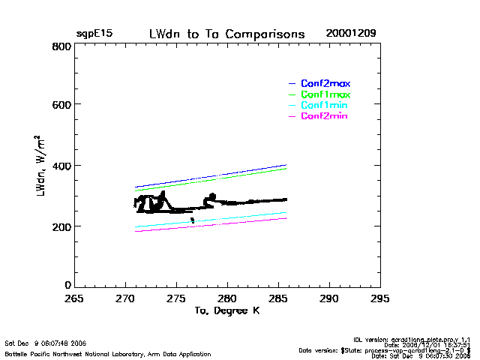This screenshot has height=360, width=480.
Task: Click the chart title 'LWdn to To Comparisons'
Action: pyautogui.click(x=226, y=34)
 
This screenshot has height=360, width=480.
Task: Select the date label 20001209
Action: pyautogui.click(x=351, y=34)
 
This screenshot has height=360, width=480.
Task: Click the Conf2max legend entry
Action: pyautogui.click(x=325, y=83)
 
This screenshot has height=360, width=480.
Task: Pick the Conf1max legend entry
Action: pyautogui.click(x=325, y=94)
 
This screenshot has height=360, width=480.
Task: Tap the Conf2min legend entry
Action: pyautogui.click(x=325, y=116)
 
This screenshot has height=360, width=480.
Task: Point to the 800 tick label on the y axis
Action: pyautogui.click(x=61, y=46)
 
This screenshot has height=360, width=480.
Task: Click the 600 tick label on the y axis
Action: pyautogui.click(x=61, y=106)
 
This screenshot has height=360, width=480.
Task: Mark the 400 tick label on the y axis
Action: pyautogui.click(x=61, y=166)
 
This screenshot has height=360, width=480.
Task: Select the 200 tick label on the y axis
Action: pyautogui.click(x=61, y=226)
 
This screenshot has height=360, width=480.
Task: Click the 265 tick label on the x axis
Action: pyautogui.click(x=73, y=298)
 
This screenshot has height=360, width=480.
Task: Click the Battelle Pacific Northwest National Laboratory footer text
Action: pyautogui.click(x=108, y=354)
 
